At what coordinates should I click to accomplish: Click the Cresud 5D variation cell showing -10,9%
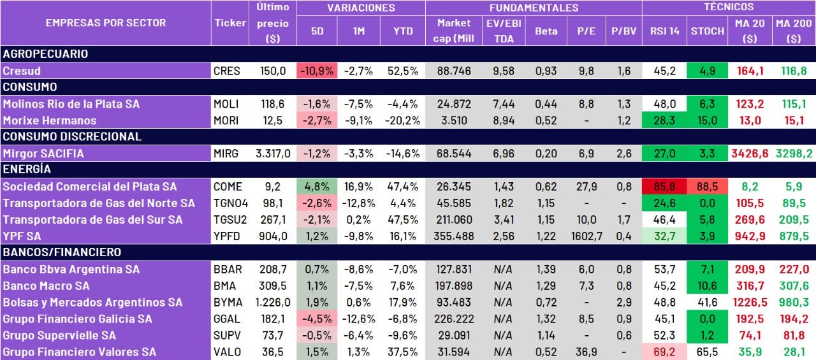click(x=316, y=71)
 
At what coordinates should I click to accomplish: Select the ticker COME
click(x=229, y=187)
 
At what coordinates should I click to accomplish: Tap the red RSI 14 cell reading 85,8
click(x=664, y=187)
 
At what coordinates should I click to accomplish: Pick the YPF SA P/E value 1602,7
click(x=586, y=236)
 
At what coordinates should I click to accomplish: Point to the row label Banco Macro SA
click(x=46, y=286)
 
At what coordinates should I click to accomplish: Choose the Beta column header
click(x=546, y=31)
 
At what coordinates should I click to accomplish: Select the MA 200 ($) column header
click(x=793, y=31)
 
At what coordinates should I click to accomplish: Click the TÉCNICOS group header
click(x=728, y=7)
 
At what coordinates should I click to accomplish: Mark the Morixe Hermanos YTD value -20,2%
click(x=402, y=120)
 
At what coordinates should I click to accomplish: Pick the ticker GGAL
click(x=228, y=319)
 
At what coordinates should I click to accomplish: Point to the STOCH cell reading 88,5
click(x=707, y=187)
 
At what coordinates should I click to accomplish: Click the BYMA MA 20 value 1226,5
click(x=750, y=303)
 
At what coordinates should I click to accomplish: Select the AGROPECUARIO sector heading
click(x=45, y=54)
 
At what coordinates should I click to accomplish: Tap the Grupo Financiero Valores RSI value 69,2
click(x=664, y=352)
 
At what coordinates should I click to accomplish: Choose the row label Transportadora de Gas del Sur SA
click(x=92, y=220)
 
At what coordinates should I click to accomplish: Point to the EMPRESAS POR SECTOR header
click(x=106, y=23)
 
